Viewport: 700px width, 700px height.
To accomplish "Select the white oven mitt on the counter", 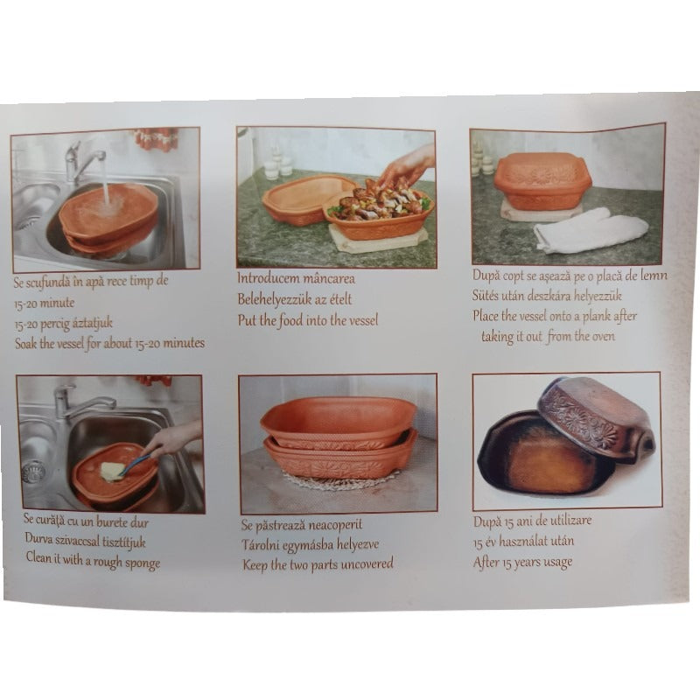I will tap(591, 230).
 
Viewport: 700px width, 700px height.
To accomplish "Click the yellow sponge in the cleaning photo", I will tap(111, 471).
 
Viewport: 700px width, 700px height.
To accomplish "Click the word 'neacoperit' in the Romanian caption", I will tap(345, 525).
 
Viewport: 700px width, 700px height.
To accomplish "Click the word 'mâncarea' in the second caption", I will tap(340, 278).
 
